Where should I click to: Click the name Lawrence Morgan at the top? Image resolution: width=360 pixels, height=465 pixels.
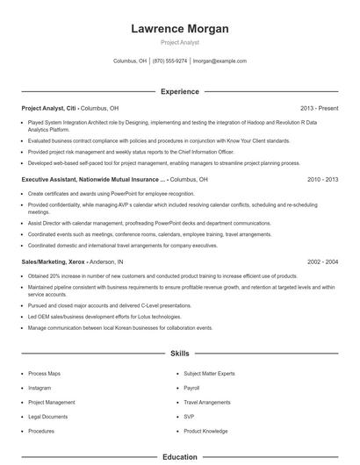click(179, 29)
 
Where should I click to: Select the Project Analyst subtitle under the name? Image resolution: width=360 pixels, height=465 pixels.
click(179, 42)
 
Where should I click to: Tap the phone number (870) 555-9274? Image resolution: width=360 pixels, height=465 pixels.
click(169, 61)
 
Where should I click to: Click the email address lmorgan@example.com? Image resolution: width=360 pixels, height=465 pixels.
click(220, 61)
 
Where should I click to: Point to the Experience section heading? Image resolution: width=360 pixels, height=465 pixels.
click(179, 91)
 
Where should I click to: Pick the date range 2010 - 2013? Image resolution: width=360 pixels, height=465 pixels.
click(322, 179)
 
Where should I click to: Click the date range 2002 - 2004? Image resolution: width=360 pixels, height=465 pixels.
click(322, 261)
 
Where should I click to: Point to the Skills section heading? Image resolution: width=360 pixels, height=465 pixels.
click(179, 354)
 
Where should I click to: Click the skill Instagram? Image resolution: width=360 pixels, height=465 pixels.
click(40, 388)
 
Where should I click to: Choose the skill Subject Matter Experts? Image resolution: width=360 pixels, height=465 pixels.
click(209, 374)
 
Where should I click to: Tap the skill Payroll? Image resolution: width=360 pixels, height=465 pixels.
click(192, 388)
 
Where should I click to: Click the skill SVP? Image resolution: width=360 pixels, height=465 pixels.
click(189, 417)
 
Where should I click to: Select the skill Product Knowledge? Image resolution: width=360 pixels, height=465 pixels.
click(205, 431)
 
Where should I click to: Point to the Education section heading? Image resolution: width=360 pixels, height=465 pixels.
click(179, 457)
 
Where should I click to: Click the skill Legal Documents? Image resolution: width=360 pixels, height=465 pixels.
click(48, 417)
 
